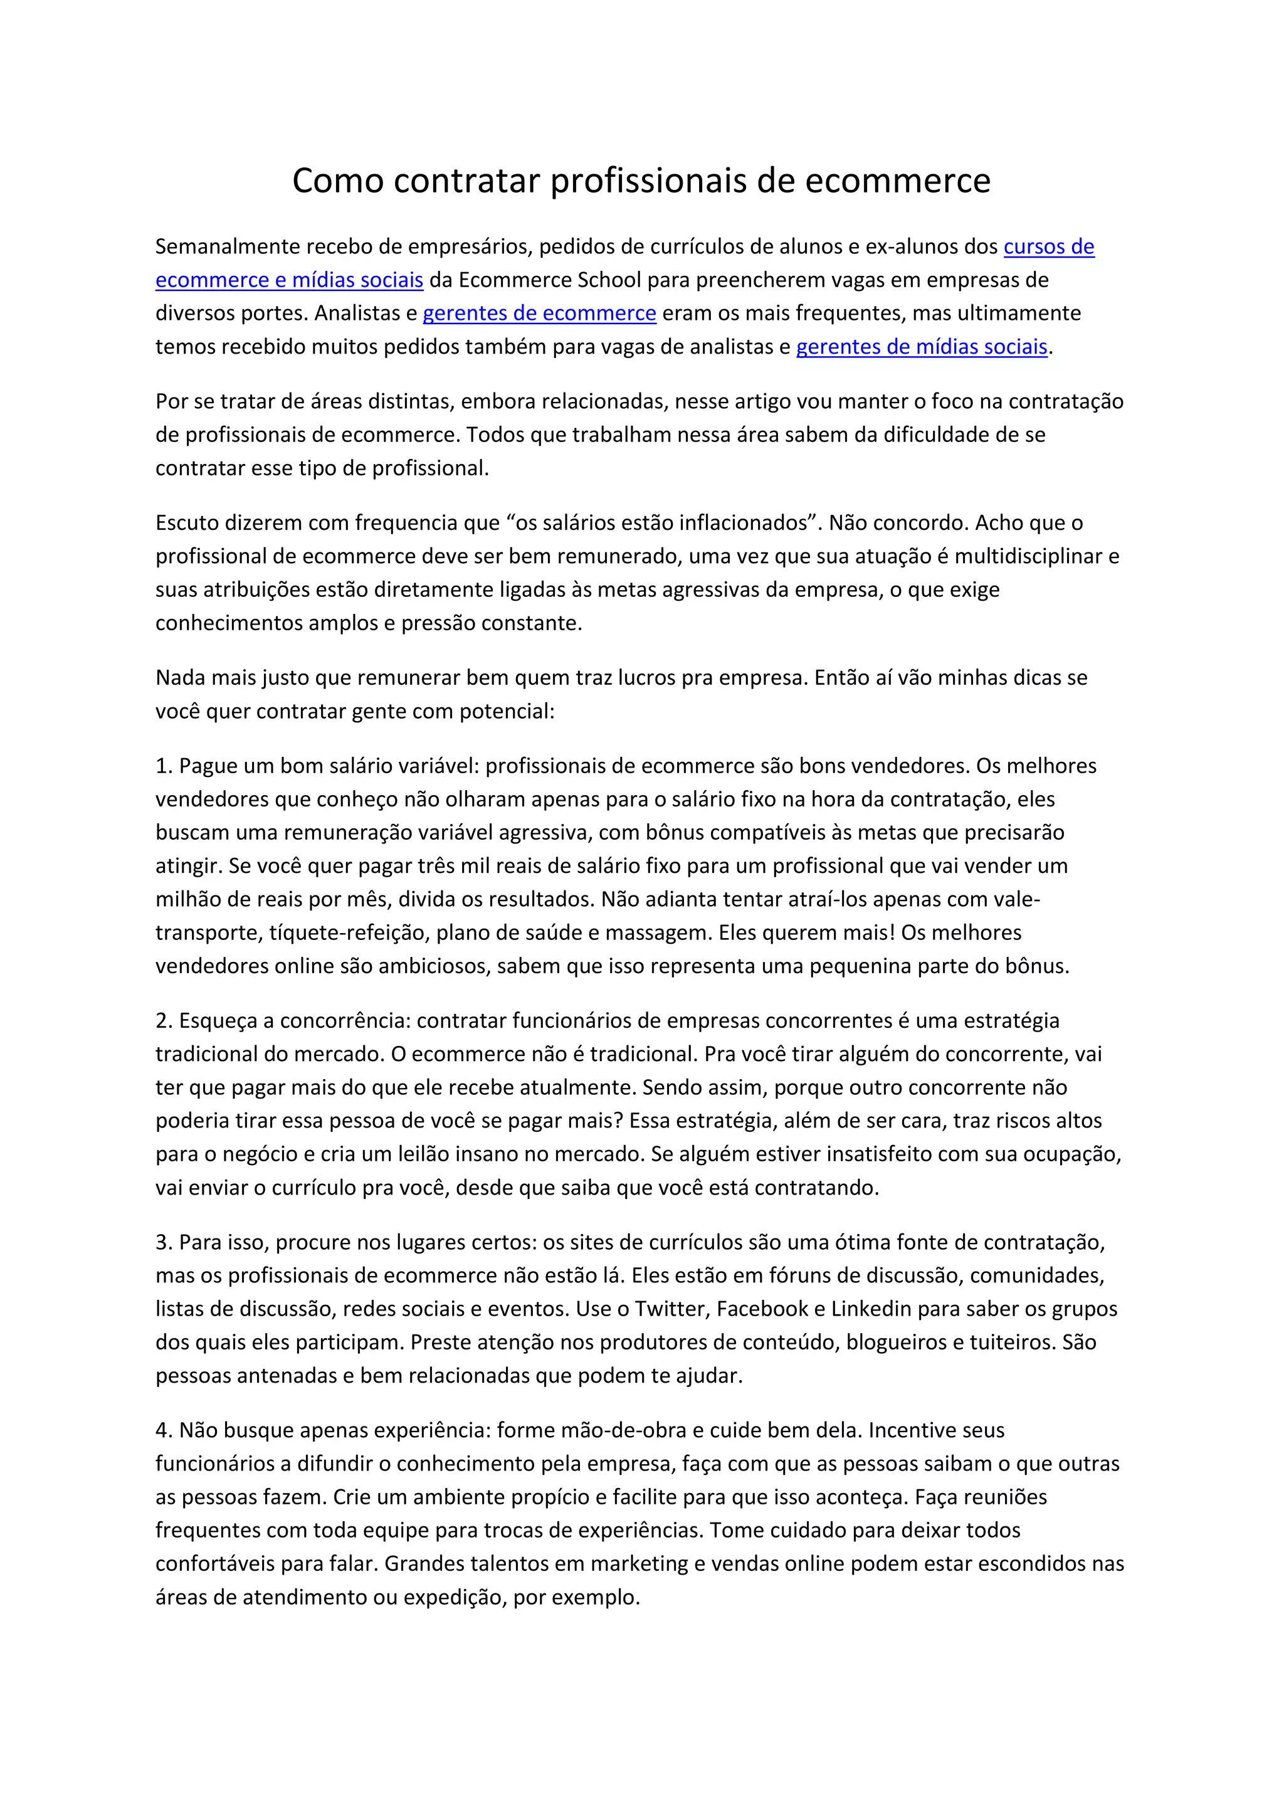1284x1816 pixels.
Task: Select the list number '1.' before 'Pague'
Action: coord(164,766)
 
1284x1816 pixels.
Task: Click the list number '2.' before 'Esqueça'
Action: coord(164,1020)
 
